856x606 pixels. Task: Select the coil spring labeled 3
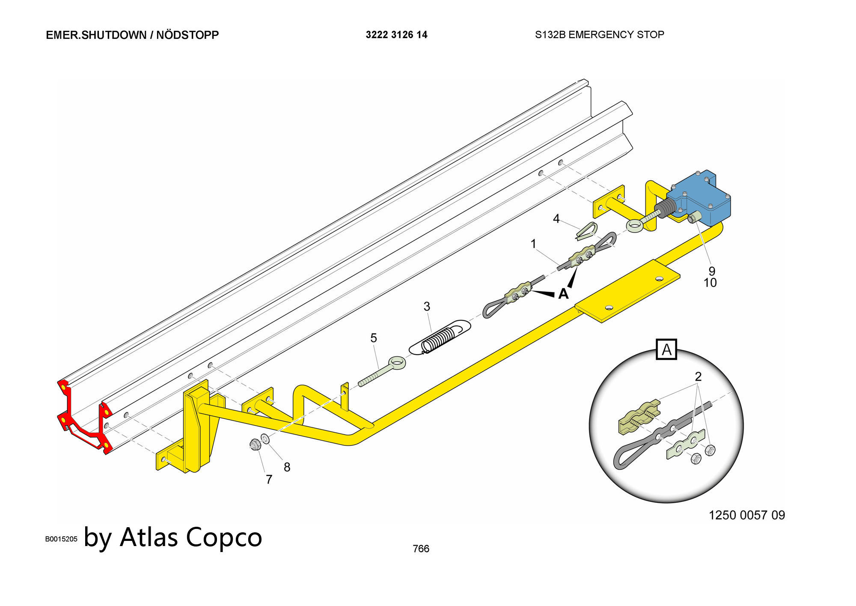pos(439,337)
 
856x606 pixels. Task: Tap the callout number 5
pos(374,338)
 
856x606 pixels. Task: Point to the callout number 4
pos(556,219)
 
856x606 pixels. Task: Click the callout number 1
pos(533,244)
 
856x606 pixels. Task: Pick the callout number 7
pos(269,480)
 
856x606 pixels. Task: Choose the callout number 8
pos(287,467)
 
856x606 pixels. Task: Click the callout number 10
pos(710,283)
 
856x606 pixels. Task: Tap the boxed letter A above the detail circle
pos(666,350)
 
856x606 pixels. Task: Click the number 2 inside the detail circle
pos(698,377)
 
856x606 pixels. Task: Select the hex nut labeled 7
pos(253,445)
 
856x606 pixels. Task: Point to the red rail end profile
pos(83,418)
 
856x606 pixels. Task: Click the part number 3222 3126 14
pos(396,35)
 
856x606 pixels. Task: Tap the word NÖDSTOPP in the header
pos(187,35)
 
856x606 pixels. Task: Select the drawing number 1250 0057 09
pos(747,515)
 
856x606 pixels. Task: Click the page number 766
pos(421,549)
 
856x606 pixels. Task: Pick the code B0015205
pos(61,539)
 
